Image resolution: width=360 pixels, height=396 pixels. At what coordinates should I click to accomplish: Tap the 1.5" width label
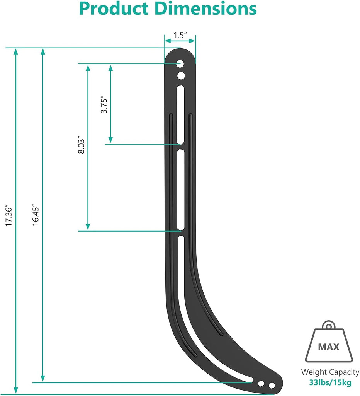click(x=180, y=35)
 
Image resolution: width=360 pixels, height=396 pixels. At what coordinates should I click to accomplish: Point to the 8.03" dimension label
click(x=81, y=145)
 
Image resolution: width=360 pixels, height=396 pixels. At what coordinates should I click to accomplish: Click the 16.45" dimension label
click(x=36, y=215)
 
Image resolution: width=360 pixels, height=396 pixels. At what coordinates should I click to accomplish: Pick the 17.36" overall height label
click(x=9, y=215)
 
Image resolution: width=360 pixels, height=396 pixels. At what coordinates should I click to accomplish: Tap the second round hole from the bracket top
click(x=181, y=75)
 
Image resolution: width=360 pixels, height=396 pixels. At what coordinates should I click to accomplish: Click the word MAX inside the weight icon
click(x=328, y=347)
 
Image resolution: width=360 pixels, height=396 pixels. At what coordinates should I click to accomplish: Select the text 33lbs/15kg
click(x=330, y=383)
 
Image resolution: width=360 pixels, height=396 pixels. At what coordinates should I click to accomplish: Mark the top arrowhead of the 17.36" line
click(x=16, y=51)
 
